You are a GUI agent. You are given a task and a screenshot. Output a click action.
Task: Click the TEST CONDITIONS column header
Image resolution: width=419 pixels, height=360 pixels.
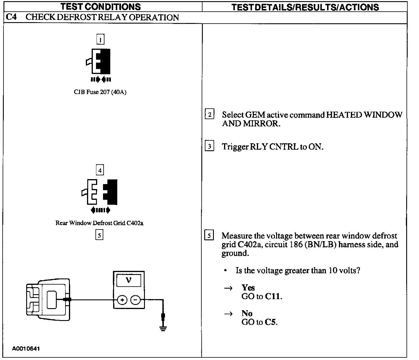(100, 6)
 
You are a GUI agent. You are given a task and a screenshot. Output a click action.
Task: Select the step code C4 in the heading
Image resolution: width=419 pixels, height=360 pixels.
(11, 17)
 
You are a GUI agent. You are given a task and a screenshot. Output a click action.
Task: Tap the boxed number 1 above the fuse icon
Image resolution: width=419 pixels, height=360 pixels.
(100, 39)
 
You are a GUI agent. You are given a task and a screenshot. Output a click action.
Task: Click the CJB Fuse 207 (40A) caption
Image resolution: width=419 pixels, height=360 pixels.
(100, 92)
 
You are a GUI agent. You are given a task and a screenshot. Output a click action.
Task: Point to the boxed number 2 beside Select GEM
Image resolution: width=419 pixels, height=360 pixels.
(210, 114)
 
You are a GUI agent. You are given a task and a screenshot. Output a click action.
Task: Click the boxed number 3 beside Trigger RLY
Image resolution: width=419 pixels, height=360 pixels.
(210, 146)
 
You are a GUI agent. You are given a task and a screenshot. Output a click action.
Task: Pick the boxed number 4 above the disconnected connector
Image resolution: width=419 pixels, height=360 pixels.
(100, 170)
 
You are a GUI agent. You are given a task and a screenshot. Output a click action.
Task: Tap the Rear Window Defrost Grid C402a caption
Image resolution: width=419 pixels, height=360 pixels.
(99, 223)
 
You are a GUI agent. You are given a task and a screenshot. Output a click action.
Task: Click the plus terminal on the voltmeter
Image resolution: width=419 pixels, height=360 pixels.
(122, 300)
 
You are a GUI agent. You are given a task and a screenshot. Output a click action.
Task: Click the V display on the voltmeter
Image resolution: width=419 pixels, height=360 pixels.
(128, 280)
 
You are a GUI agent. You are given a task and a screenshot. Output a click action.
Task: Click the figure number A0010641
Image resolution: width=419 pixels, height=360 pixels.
(26, 348)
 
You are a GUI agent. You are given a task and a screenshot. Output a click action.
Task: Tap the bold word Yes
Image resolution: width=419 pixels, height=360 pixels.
(248, 288)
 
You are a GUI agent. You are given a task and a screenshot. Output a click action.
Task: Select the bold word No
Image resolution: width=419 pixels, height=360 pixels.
(247, 313)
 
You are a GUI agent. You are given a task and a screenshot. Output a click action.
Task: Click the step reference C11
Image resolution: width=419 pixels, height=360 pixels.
(274, 297)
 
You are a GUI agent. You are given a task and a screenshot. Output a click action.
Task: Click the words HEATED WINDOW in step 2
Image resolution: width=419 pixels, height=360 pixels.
(364, 115)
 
